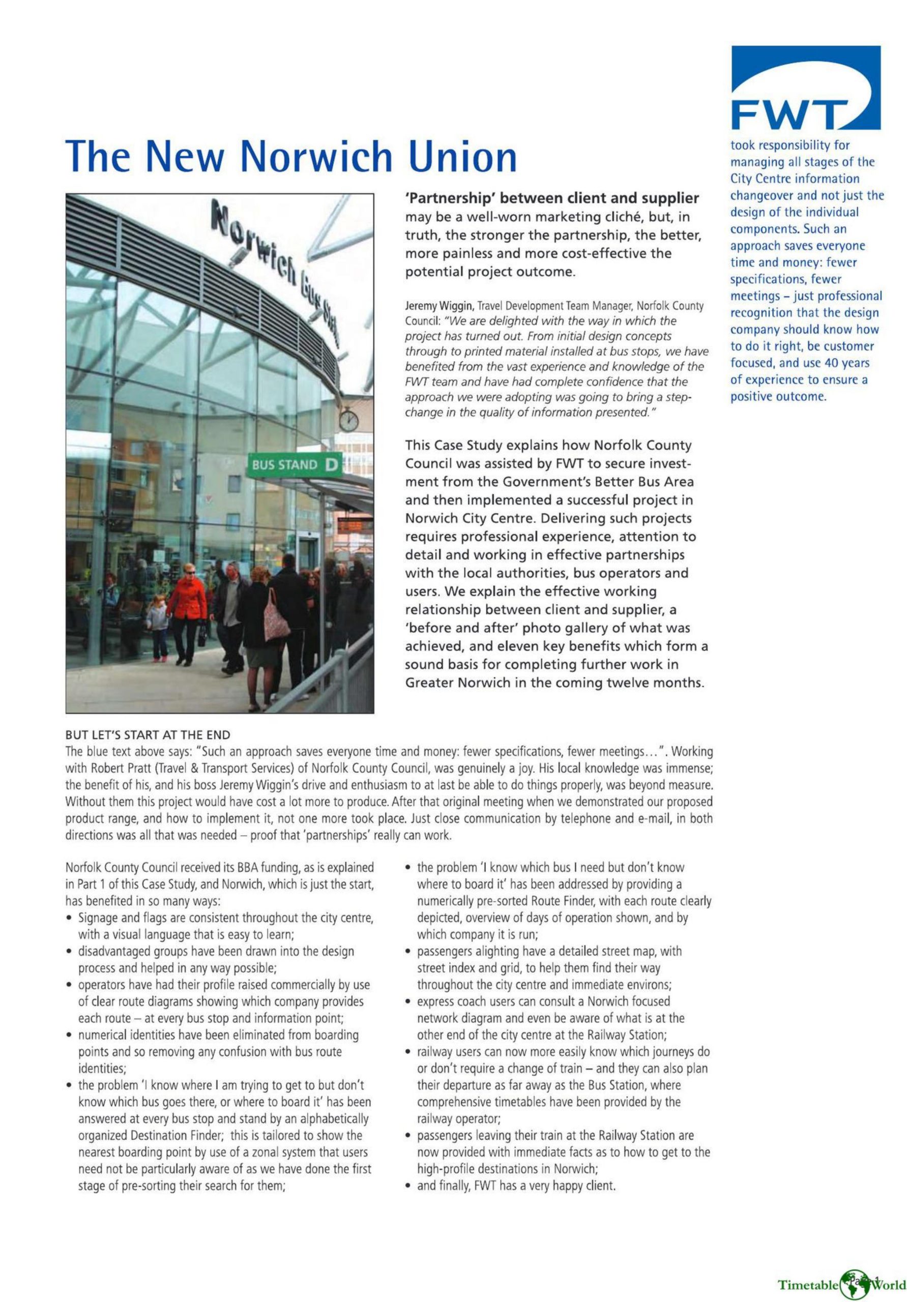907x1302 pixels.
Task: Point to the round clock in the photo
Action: click(x=348, y=421)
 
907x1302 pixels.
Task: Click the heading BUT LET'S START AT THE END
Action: click(x=148, y=735)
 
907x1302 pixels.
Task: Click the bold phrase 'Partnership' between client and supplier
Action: click(x=551, y=198)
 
